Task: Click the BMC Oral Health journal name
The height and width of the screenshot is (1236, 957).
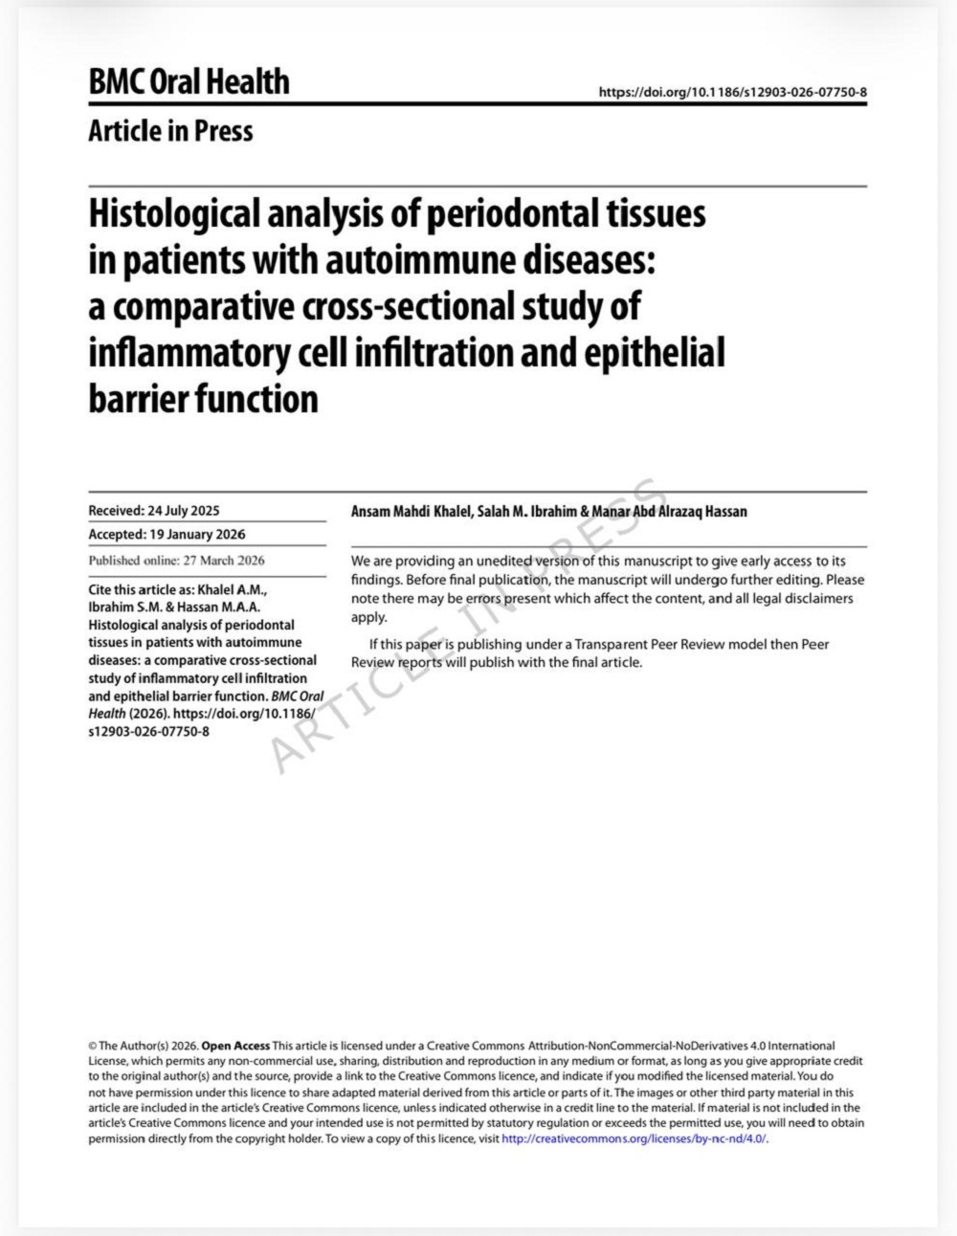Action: [189, 81]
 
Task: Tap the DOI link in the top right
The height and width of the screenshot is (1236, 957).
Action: [732, 92]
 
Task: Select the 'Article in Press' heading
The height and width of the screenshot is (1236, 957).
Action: [170, 130]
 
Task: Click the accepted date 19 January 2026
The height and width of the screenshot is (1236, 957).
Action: [193, 535]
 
